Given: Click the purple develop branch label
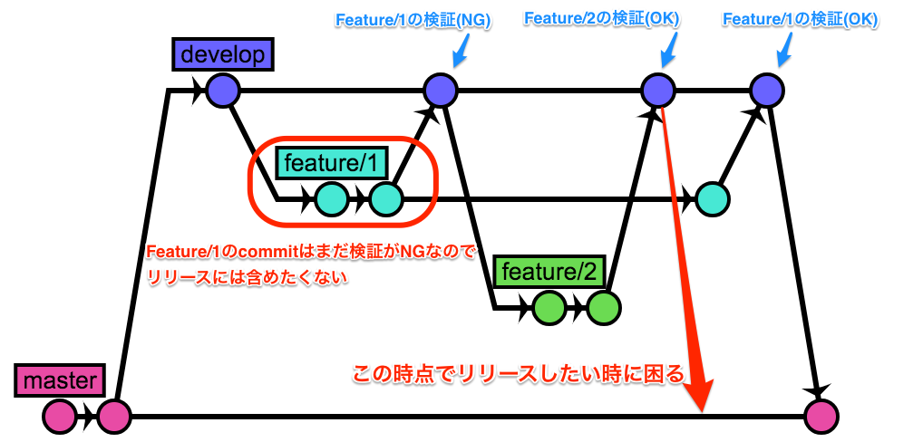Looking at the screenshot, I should tap(222, 54).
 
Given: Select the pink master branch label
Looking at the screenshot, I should tap(60, 380).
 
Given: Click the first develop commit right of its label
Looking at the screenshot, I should tap(221, 90).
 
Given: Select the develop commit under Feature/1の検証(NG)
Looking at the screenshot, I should tap(441, 90).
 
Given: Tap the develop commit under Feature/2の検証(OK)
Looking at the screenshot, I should tap(658, 90).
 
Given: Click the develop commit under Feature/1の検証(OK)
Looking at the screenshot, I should tap(766, 90).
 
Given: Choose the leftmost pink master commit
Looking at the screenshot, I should tap(60, 416).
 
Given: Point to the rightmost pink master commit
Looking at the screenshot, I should tap(821, 416).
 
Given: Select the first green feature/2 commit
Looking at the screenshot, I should tap(549, 308).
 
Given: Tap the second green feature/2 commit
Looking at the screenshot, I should tap(603, 308).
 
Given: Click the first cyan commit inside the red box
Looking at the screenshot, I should tap(332, 198).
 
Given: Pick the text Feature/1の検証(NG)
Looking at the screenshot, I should tap(413, 21).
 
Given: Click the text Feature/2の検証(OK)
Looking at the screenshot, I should tap(602, 18).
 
